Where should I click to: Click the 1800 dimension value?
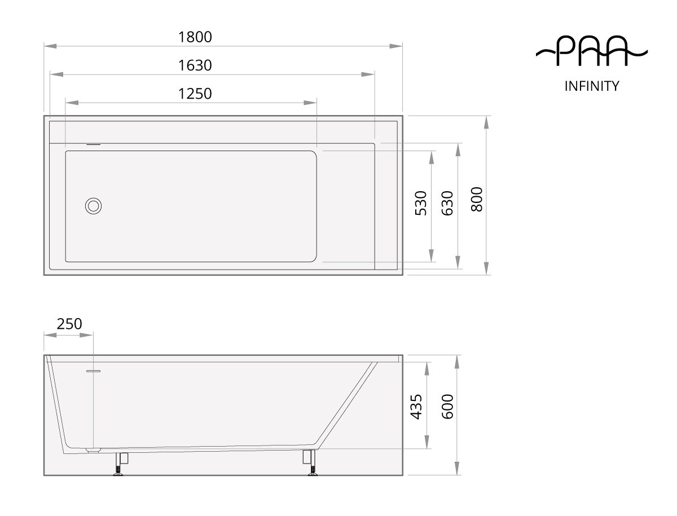click(x=195, y=37)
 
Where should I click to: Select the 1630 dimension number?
click(x=195, y=65)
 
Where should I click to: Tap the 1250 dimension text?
click(x=195, y=94)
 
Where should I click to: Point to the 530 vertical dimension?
click(x=421, y=203)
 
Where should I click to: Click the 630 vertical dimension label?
click(x=447, y=203)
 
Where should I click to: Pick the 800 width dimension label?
click(x=477, y=199)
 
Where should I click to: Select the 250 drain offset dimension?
click(x=69, y=324)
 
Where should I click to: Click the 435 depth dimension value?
click(x=416, y=407)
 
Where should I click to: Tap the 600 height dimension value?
click(x=447, y=407)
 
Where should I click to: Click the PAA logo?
click(x=592, y=51)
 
